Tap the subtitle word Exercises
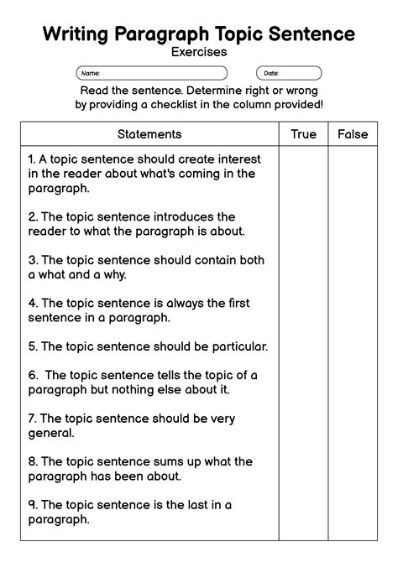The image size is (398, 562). pyautogui.click(x=199, y=52)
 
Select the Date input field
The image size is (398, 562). pyautogui.click(x=289, y=73)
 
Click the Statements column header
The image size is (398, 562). pyautogui.click(x=149, y=134)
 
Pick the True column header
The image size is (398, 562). pyautogui.click(x=304, y=134)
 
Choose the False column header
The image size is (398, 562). pyautogui.click(x=353, y=134)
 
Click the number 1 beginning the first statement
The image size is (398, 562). pyautogui.click(x=31, y=159)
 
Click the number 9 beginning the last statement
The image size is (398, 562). pyautogui.click(x=31, y=505)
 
